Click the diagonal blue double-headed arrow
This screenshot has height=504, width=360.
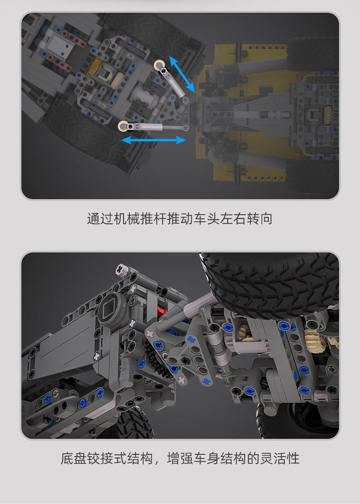[182, 74]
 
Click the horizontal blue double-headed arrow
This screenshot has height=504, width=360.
[154, 140]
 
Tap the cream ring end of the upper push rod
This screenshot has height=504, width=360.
[159, 66]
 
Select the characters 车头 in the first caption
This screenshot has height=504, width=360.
[206, 219]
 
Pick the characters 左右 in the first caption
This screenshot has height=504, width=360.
[233, 219]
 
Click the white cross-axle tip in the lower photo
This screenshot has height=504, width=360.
[123, 269]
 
